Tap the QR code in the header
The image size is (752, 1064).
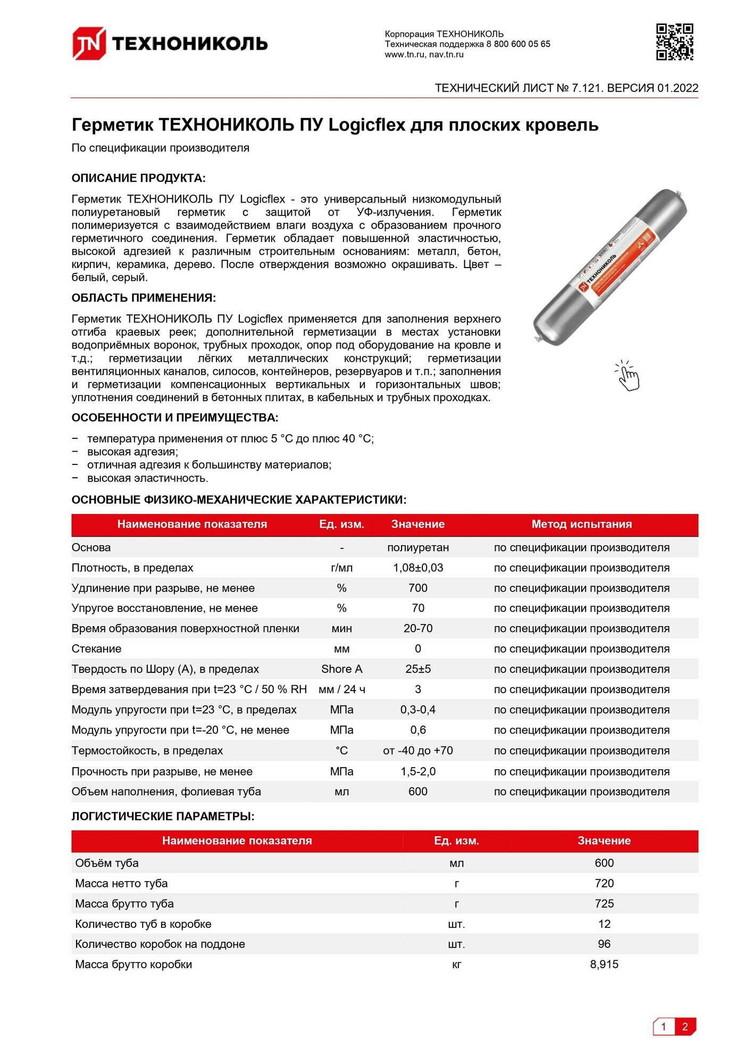click(674, 42)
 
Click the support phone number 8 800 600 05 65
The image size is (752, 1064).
click(518, 44)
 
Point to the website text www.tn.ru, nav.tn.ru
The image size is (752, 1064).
click(424, 54)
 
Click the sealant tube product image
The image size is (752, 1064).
click(610, 267)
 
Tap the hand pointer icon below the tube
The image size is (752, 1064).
click(628, 376)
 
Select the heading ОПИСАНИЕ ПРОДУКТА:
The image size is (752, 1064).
click(138, 178)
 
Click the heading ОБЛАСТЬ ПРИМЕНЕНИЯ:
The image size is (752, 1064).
click(144, 298)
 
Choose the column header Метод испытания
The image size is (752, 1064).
click(581, 524)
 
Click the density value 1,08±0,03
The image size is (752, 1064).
click(418, 568)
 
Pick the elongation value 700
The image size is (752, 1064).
click(418, 588)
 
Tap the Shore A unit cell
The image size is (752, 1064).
click(341, 669)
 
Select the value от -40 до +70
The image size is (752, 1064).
click(418, 751)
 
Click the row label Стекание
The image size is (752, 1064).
click(96, 649)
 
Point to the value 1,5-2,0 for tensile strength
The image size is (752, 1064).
click(418, 771)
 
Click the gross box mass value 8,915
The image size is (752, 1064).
click(604, 964)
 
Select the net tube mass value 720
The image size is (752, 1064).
click(604, 883)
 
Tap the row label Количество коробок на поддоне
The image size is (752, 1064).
click(160, 944)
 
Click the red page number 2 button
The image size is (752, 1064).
click(685, 1027)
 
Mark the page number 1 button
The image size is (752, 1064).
click(664, 1027)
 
